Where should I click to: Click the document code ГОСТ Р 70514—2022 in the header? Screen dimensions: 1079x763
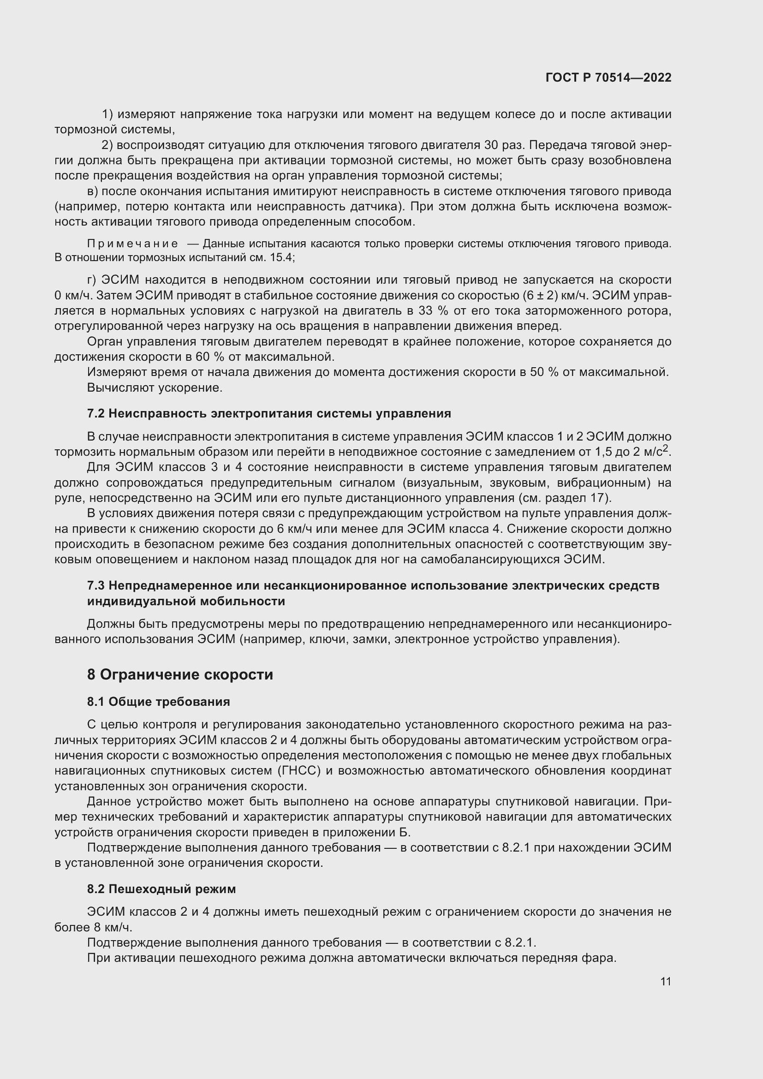(x=608, y=77)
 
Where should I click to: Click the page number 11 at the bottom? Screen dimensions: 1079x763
(x=665, y=981)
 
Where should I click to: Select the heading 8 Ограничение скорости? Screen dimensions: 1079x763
(x=180, y=674)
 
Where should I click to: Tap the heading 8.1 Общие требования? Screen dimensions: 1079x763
(x=158, y=702)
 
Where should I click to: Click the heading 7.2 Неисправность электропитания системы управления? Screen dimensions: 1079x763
(x=269, y=413)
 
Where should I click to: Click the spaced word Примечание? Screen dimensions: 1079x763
(x=132, y=244)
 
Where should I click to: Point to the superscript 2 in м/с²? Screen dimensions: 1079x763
(x=666, y=448)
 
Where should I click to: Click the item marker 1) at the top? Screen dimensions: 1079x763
(x=107, y=114)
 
